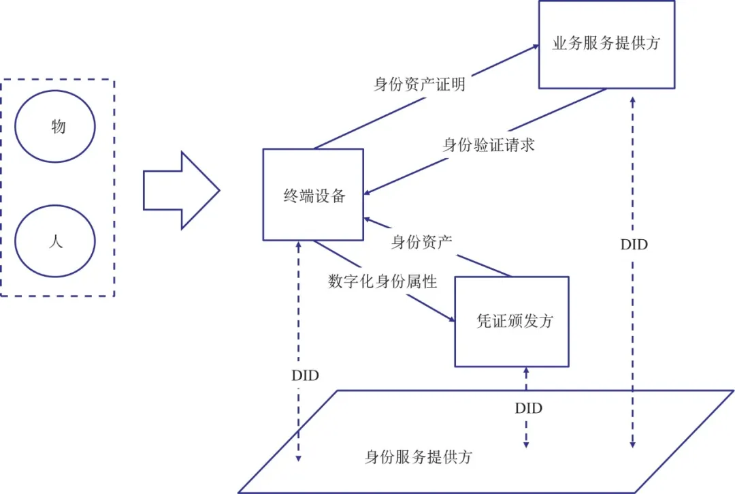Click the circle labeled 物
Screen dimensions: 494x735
coord(55,126)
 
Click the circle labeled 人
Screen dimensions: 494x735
coord(55,242)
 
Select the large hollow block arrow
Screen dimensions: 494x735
coord(180,190)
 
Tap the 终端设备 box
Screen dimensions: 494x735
coord(314,195)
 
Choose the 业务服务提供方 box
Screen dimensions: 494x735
coord(606,44)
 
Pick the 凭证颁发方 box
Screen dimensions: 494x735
coord(511,322)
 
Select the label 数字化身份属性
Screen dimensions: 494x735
coord(382,281)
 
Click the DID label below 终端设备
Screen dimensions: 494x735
coord(305,375)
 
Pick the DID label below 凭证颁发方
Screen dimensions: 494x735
coord(528,408)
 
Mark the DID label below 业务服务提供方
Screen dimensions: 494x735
coord(634,244)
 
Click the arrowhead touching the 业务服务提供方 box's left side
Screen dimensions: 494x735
coord(535,48)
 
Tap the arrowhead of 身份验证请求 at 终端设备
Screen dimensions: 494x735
coord(368,191)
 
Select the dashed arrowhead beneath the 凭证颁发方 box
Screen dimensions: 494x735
coord(525,370)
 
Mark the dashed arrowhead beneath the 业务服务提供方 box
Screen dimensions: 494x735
coord(634,99)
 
